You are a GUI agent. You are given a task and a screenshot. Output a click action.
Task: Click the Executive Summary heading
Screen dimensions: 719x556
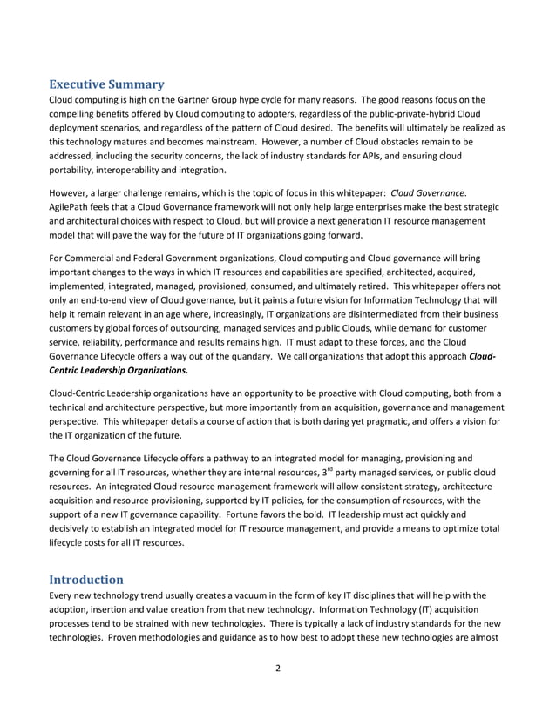click(105, 84)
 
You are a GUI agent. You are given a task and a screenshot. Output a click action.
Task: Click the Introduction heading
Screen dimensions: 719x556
click(85, 579)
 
